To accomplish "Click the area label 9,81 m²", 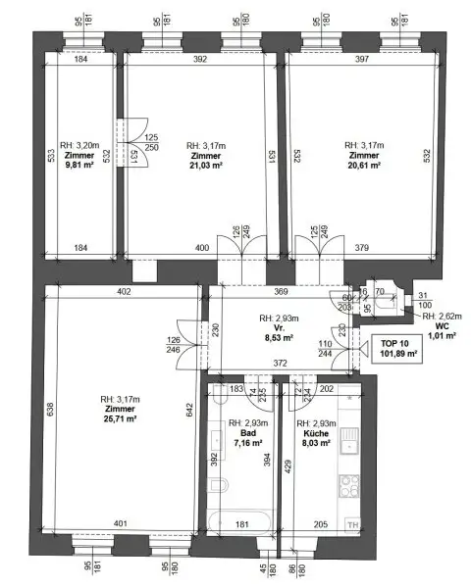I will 79,166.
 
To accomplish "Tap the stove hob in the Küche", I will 350,485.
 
